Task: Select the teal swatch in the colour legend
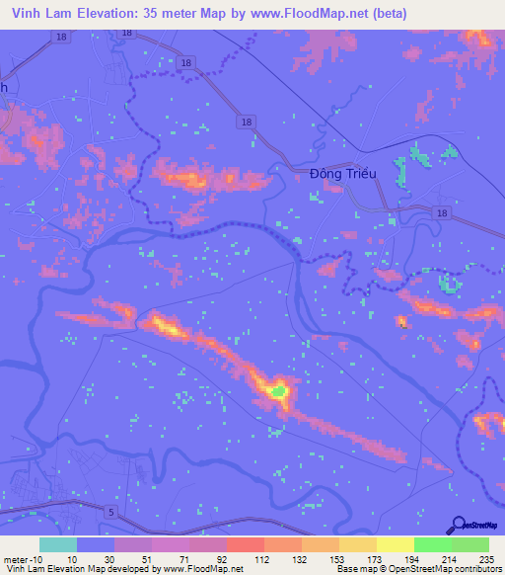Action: point(58,544)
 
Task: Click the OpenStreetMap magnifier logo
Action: point(458,524)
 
